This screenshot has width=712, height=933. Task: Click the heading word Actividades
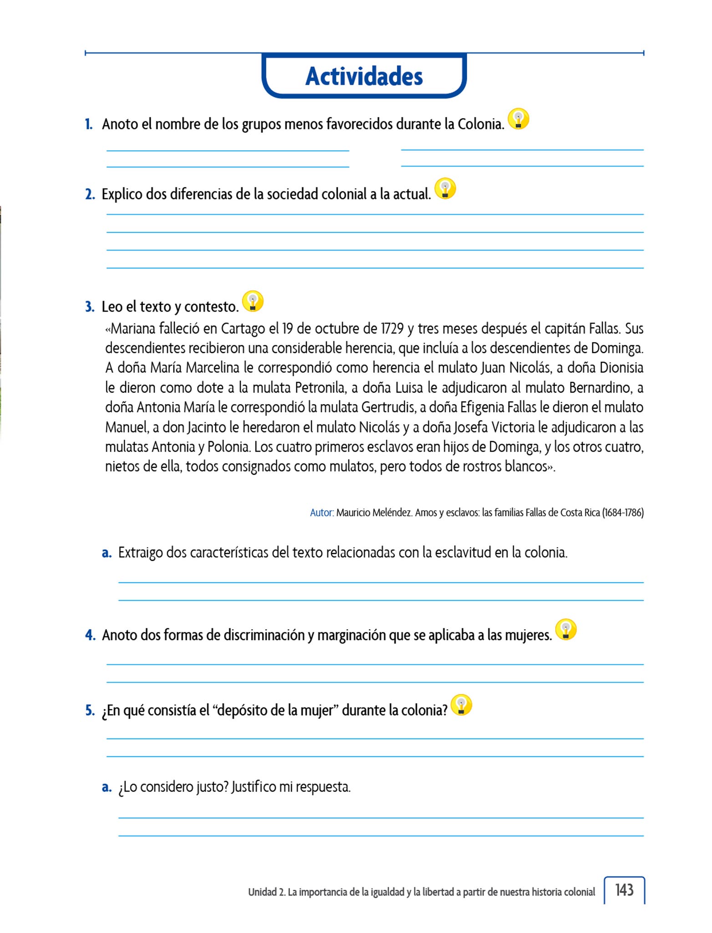(364, 76)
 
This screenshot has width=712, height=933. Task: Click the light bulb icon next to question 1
(518, 119)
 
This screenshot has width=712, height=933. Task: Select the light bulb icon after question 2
(445, 189)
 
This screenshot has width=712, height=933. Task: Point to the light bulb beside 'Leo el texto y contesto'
(253, 301)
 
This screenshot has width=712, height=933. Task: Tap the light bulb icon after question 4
(566, 630)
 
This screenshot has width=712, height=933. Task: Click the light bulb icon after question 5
(461, 705)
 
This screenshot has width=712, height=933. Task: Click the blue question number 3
(89, 307)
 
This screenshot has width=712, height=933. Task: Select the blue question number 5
(89, 711)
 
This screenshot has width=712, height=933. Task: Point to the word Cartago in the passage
(244, 328)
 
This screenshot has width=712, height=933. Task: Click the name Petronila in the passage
(320, 388)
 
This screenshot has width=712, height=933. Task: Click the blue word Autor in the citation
(321, 513)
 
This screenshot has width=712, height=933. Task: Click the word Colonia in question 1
(481, 124)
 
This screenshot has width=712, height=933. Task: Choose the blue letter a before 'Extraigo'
(107, 553)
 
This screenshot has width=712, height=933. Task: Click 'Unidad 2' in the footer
(266, 892)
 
